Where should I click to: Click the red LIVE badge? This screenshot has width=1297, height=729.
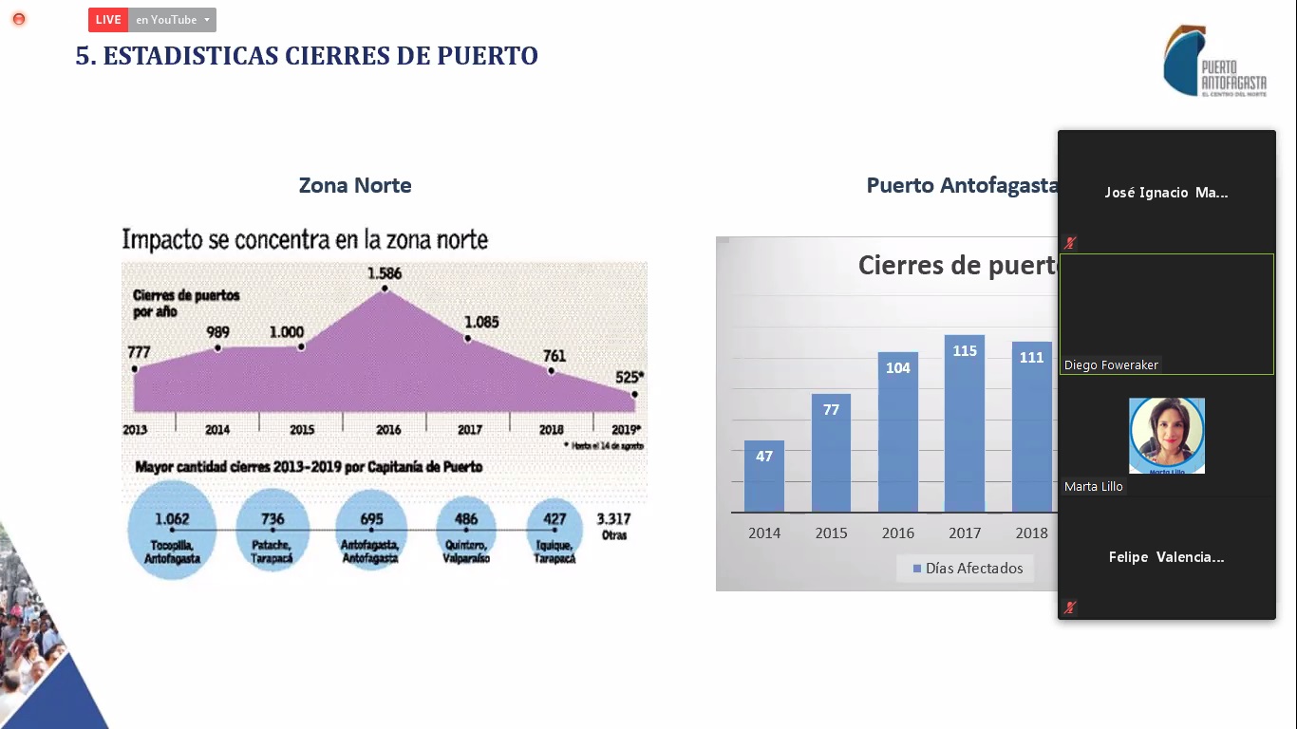tap(108, 20)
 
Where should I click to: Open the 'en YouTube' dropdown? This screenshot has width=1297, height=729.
tap(172, 20)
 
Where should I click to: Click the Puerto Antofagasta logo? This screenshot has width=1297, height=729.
tap(1214, 62)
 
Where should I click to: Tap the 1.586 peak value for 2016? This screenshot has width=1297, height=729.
tap(385, 274)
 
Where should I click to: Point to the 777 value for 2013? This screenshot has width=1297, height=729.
tap(139, 352)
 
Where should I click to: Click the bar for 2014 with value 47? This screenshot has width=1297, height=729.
tap(764, 476)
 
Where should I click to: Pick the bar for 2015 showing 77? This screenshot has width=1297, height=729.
tap(831, 453)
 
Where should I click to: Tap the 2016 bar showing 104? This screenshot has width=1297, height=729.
tap(898, 432)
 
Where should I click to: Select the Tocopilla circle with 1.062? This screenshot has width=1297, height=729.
tap(172, 530)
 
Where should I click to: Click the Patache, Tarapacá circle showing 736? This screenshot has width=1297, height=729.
tap(273, 530)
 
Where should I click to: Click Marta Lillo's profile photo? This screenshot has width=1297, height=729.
tap(1166, 435)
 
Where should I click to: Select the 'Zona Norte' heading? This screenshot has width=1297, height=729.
tap(355, 185)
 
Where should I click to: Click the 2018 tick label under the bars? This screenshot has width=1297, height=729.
tap(1031, 533)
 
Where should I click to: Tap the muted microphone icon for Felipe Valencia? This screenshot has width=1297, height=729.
tap(1070, 607)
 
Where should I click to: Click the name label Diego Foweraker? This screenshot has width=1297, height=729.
tap(1111, 365)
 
